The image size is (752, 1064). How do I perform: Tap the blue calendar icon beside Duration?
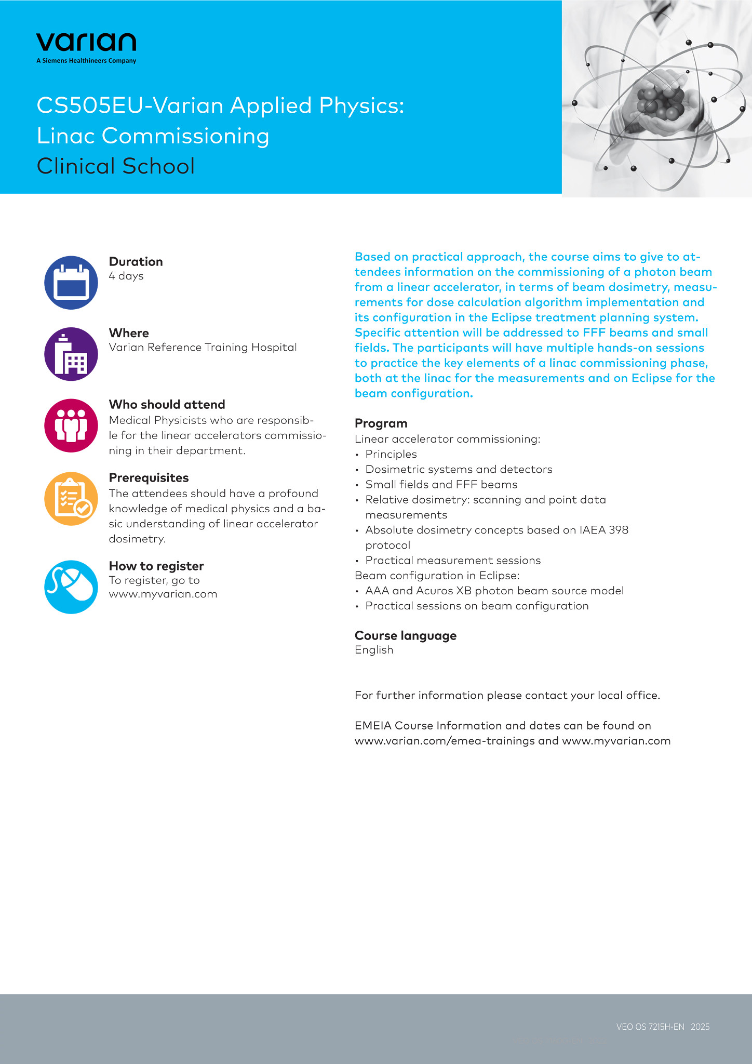(x=71, y=283)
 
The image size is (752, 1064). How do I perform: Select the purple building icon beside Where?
(x=71, y=354)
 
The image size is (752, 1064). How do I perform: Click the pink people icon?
(x=71, y=425)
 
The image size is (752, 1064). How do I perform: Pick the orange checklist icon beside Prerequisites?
(x=71, y=499)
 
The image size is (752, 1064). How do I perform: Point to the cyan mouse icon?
(x=71, y=587)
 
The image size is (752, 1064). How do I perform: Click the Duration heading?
(x=136, y=262)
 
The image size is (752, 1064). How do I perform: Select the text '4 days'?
(x=126, y=276)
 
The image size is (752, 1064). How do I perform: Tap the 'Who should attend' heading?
(x=167, y=405)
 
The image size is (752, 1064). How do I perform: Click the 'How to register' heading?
(x=156, y=566)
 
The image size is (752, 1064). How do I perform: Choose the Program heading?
(x=381, y=423)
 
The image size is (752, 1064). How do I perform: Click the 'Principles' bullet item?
(x=391, y=454)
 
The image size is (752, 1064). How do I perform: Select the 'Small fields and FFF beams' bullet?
(x=441, y=485)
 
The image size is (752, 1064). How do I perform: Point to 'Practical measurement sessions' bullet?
(x=453, y=561)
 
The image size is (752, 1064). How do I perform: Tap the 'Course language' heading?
(x=406, y=636)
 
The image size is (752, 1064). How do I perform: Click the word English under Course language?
(x=374, y=650)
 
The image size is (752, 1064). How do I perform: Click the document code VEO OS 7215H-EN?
(x=650, y=1027)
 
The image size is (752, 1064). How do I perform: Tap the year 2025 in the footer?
(x=700, y=1027)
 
